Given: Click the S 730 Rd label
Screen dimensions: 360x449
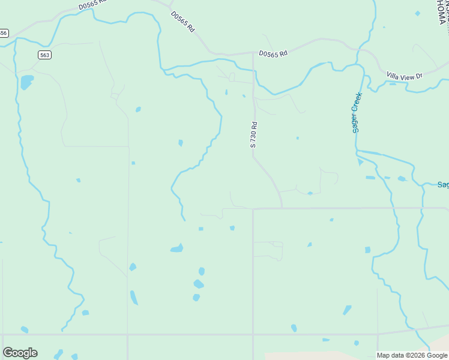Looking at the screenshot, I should tap(254, 135).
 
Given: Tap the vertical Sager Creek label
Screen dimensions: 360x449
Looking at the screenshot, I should tap(357, 112).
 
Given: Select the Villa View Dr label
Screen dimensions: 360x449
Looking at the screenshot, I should tap(405, 76).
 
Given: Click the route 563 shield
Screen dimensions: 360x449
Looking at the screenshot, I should tap(45, 55).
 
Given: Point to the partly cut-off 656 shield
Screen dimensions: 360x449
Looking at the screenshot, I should tap(3, 33).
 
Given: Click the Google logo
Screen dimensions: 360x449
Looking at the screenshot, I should tap(20, 353).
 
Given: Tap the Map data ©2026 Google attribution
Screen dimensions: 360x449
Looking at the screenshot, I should tap(412, 355).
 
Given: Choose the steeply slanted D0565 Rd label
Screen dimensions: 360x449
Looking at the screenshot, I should tap(183, 21).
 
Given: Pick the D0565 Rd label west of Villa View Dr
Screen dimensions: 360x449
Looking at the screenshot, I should tap(273, 53).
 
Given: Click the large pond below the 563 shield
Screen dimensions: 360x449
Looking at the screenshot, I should tap(26, 82).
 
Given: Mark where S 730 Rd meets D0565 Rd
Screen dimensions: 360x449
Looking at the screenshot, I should tap(253, 53).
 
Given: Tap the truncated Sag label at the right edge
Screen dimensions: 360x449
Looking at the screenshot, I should tap(443, 185).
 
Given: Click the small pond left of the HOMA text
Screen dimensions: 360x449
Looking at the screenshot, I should tap(418, 13).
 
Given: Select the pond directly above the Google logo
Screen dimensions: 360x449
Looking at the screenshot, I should tap(24, 329).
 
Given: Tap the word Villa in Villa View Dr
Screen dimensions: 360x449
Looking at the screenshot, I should tap(394, 76).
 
